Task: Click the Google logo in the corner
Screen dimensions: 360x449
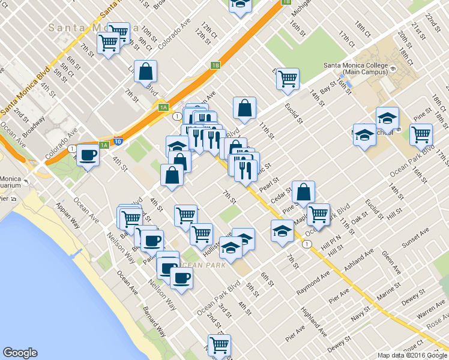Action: tap(20, 353)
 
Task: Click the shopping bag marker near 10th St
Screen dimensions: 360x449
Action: tap(146, 72)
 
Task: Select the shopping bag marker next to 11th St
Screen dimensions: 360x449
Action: tap(244, 109)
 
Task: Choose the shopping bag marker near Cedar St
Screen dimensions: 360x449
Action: tap(304, 192)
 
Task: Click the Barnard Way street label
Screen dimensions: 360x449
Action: tap(154, 322)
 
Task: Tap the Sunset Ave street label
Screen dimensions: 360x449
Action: tap(416, 238)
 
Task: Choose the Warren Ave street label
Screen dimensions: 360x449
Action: tap(431, 313)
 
